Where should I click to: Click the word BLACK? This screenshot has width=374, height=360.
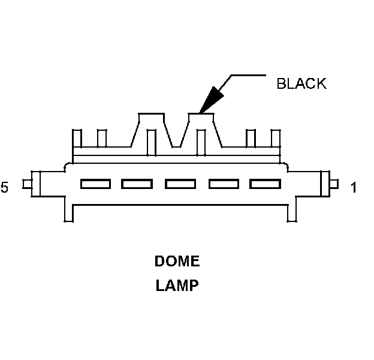(x=301, y=83)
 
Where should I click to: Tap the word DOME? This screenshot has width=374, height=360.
(x=177, y=262)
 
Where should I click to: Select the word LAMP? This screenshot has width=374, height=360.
(x=177, y=286)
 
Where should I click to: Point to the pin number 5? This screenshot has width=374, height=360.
(x=5, y=188)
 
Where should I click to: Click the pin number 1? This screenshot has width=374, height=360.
(x=353, y=188)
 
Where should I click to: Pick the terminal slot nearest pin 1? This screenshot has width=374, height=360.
(x=265, y=184)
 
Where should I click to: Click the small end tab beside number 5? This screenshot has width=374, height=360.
(x=27, y=184)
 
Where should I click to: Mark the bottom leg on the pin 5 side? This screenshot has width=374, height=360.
(x=68, y=212)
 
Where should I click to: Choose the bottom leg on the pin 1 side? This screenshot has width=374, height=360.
(x=292, y=212)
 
